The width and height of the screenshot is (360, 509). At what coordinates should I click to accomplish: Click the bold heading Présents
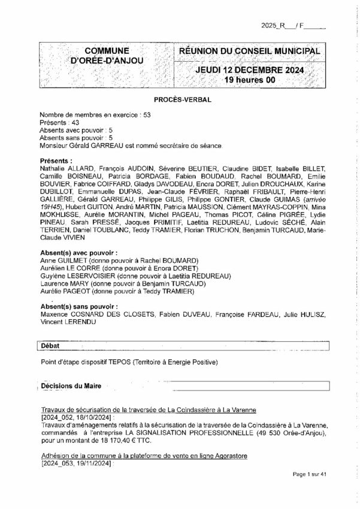coord(56,162)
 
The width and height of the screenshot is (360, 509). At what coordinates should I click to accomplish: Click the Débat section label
coord(52,346)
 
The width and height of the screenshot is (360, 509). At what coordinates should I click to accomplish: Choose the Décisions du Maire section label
coord(71,387)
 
